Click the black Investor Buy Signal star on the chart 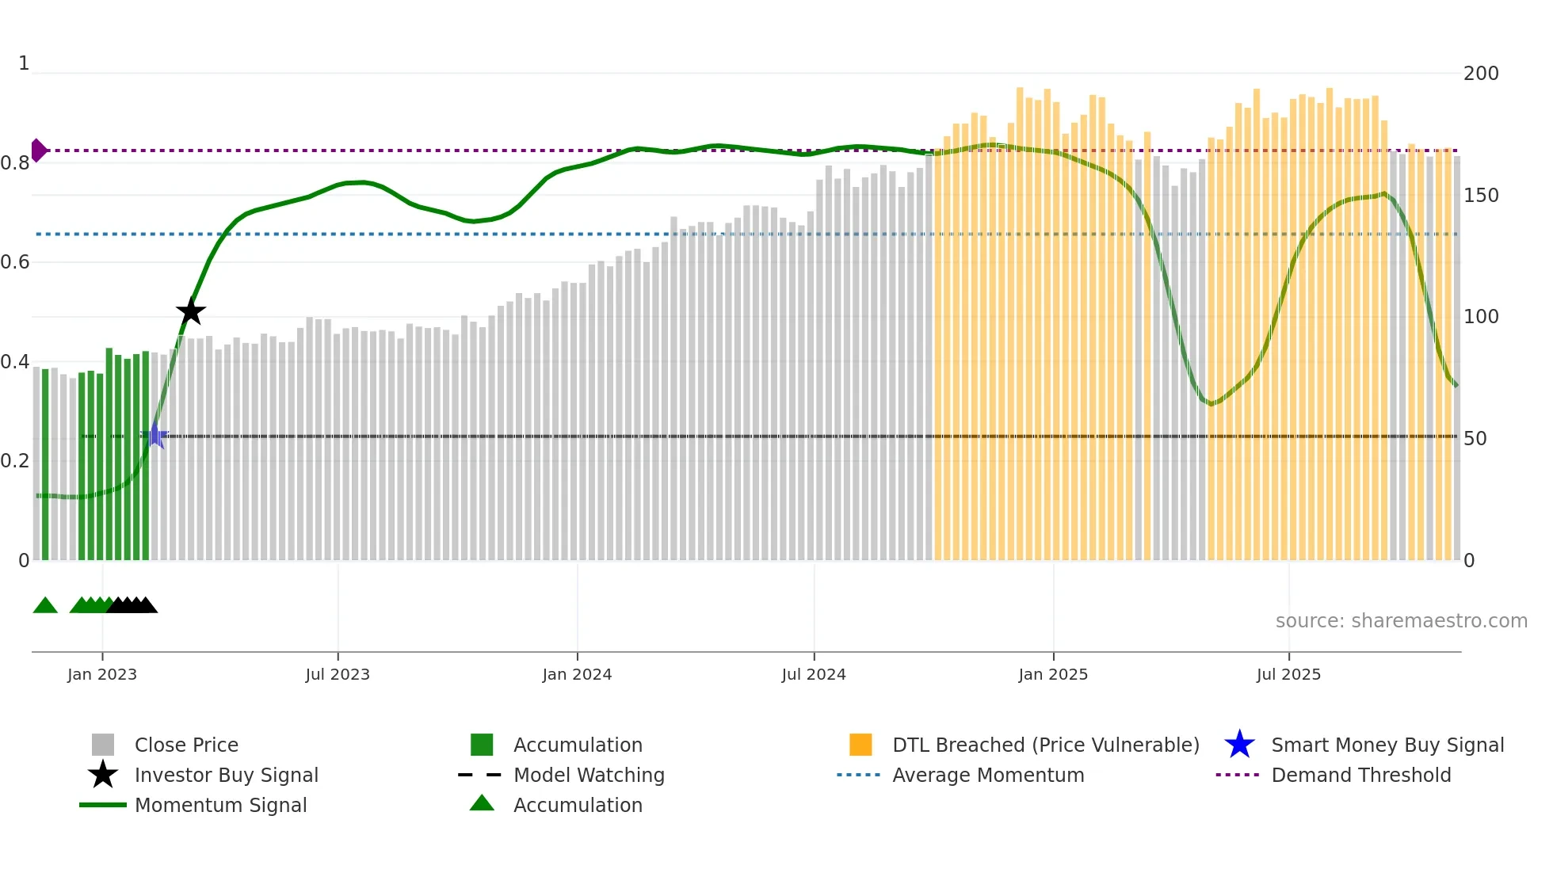[x=190, y=311]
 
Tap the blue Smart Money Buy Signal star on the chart [x=155, y=435]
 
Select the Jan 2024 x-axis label [x=577, y=674]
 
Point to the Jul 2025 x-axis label [x=1288, y=674]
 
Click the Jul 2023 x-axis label [x=338, y=674]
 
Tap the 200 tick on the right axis [x=1481, y=74]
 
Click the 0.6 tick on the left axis [x=16, y=262]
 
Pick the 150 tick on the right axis [x=1481, y=196]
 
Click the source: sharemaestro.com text [x=1401, y=620]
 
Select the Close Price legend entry [x=186, y=745]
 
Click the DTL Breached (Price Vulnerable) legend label [x=1045, y=745]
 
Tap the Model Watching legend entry [x=589, y=775]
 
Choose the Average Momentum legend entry [x=987, y=775]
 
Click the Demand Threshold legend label [x=1360, y=775]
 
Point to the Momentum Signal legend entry [x=220, y=805]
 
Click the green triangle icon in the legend [x=482, y=803]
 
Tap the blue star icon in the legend [x=1239, y=745]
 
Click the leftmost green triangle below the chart [x=45, y=606]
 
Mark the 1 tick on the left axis [x=24, y=63]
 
